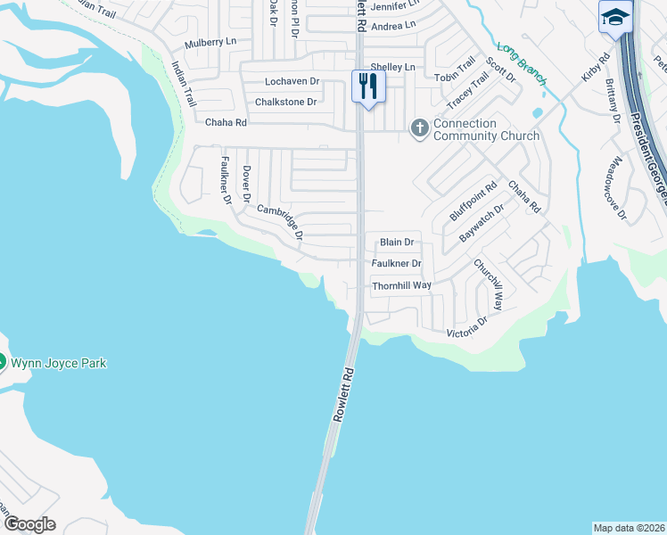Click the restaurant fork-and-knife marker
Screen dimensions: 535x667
[x=368, y=86]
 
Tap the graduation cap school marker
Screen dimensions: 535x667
[x=615, y=18]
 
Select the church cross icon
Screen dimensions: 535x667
[x=419, y=128]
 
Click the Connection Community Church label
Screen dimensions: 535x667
[x=486, y=129]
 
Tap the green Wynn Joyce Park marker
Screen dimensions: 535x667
[x=3, y=363]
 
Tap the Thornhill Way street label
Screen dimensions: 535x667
[x=401, y=285]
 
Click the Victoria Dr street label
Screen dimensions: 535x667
[x=467, y=327]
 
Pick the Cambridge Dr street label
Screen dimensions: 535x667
[x=282, y=223]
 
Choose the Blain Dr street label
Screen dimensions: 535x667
[x=397, y=242]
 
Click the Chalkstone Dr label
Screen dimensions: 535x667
[x=286, y=102]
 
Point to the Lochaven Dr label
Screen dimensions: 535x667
[x=292, y=81]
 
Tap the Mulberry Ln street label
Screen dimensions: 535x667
[x=210, y=43]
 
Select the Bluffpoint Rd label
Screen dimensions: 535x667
[x=473, y=202]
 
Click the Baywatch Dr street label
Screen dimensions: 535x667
[x=482, y=223]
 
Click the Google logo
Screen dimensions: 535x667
[x=30, y=524]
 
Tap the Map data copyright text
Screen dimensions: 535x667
[x=629, y=527]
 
